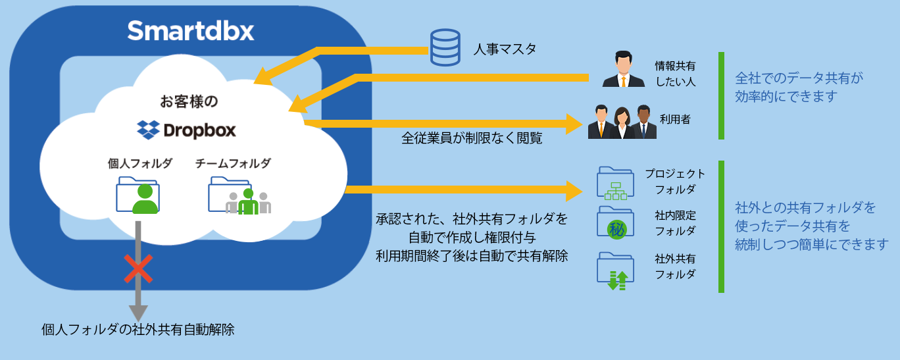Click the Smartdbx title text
[191, 30]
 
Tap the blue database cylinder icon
[445, 47]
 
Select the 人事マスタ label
[505, 49]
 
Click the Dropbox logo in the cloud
[186, 129]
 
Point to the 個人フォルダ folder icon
[137, 195]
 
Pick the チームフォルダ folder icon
[239, 195]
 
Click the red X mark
[138, 269]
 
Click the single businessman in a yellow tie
[623, 70]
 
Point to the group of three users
[622, 121]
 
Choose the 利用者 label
[676, 120]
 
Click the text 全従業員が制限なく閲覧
[472, 139]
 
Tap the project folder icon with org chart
[614, 182]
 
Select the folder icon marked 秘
[615, 222]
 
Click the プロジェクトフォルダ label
[675, 181]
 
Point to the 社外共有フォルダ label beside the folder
[675, 266]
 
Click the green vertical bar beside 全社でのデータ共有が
[721, 95]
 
